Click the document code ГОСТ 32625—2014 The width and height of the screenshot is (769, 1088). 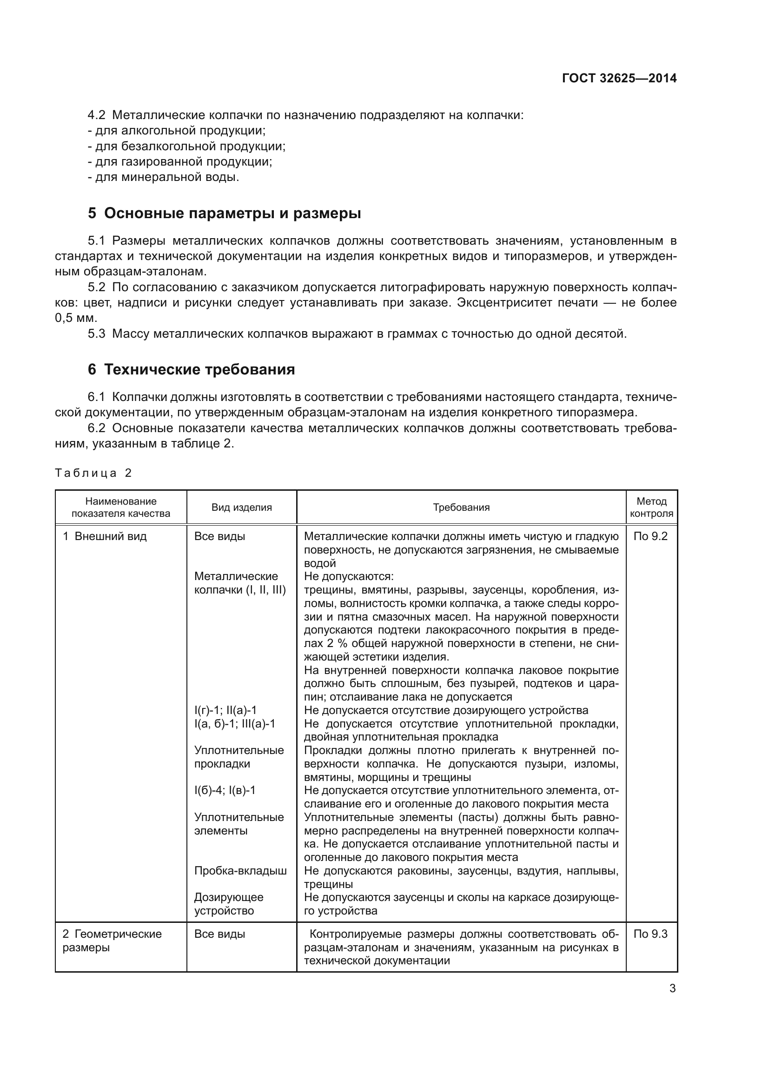[619, 78]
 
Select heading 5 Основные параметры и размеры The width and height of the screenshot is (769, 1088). [224, 213]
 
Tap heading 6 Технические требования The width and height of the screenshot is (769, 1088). [191, 369]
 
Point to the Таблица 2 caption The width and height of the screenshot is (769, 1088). [93, 473]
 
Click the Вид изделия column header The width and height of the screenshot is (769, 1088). [241, 507]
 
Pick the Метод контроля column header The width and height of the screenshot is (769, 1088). [651, 507]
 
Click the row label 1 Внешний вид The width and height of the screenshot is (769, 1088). [105, 536]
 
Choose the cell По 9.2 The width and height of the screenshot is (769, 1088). [650, 536]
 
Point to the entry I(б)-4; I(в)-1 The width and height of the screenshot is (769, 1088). [225, 790]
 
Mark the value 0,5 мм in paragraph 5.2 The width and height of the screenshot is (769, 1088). [76, 318]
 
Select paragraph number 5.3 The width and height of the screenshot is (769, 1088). [96, 334]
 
